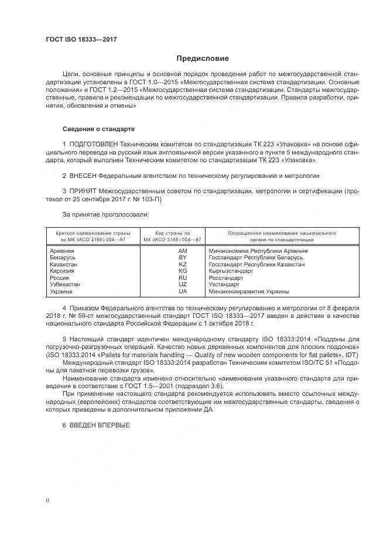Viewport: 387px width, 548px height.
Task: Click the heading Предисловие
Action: (x=203, y=59)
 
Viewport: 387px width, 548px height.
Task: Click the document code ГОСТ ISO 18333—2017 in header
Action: (x=81, y=39)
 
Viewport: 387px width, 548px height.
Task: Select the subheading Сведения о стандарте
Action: (x=99, y=128)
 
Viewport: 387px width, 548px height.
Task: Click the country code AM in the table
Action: (x=182, y=251)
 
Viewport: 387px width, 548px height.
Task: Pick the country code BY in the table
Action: (x=182, y=258)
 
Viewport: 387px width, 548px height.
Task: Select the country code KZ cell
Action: (x=182, y=265)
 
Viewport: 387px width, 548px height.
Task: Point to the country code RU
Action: (x=182, y=278)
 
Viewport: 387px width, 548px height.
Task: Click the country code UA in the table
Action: (x=182, y=291)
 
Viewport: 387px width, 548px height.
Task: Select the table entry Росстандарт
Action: (x=225, y=278)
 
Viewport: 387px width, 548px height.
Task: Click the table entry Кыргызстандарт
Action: (x=231, y=271)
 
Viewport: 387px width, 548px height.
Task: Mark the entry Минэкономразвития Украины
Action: (x=249, y=291)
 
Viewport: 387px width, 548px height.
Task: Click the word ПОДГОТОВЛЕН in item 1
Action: (x=91, y=143)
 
